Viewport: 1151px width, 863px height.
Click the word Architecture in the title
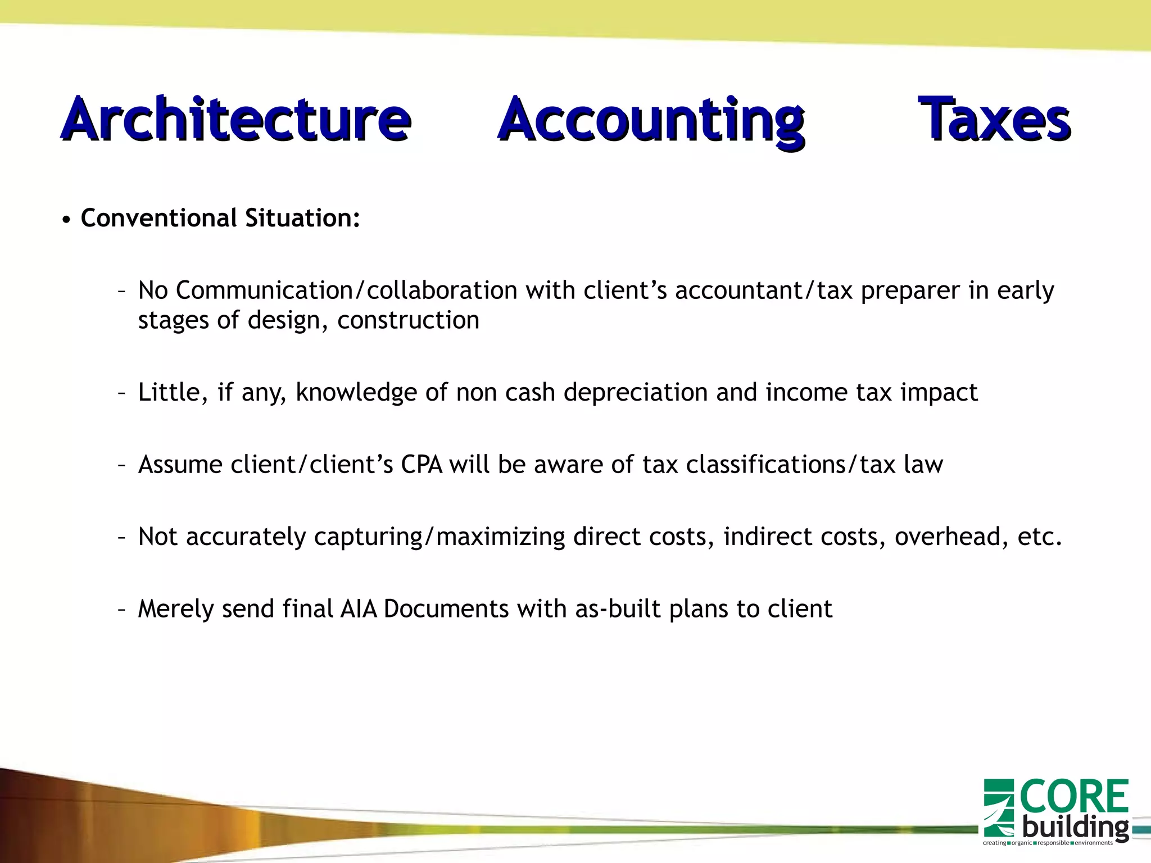[x=236, y=120]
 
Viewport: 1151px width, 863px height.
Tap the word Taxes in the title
[x=994, y=120]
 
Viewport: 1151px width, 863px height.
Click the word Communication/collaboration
[x=346, y=290]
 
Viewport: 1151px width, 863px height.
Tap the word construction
[x=408, y=320]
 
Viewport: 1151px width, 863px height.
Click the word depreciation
[x=636, y=392]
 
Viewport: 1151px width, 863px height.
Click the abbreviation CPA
[x=421, y=465]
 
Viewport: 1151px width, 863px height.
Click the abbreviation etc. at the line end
[x=1040, y=537]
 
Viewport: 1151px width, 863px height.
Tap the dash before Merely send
[x=121, y=609]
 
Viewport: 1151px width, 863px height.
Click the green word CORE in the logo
[x=1074, y=797]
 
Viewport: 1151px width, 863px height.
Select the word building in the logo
[x=1075, y=828]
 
